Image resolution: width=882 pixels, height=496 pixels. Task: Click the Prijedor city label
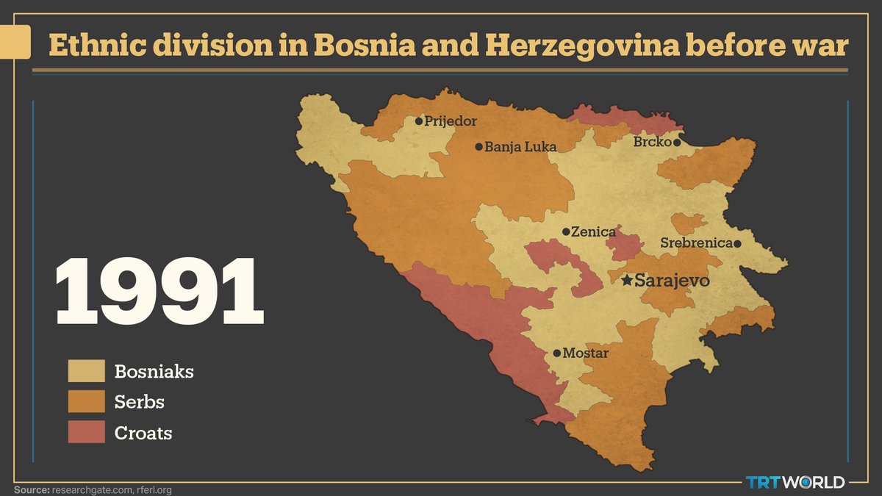click(x=451, y=121)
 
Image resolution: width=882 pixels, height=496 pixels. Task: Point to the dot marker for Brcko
click(x=677, y=143)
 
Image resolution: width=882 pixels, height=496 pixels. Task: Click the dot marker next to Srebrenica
click(x=737, y=243)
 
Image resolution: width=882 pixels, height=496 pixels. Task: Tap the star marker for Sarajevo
click(x=626, y=280)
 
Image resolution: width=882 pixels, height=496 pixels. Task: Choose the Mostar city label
click(x=586, y=353)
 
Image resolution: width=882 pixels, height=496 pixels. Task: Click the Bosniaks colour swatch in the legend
click(x=87, y=371)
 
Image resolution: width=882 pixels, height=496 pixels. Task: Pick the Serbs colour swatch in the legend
click(x=87, y=402)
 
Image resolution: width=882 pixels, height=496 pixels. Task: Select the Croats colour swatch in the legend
click(x=87, y=433)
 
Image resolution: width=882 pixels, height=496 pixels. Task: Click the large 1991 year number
click(x=159, y=292)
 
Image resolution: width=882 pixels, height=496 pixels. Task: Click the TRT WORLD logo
click(x=795, y=482)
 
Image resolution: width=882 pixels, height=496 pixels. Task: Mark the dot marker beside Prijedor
click(x=418, y=121)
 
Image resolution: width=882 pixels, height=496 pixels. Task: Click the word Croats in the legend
click(x=143, y=433)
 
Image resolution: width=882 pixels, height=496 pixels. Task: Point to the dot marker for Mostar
click(x=556, y=353)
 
